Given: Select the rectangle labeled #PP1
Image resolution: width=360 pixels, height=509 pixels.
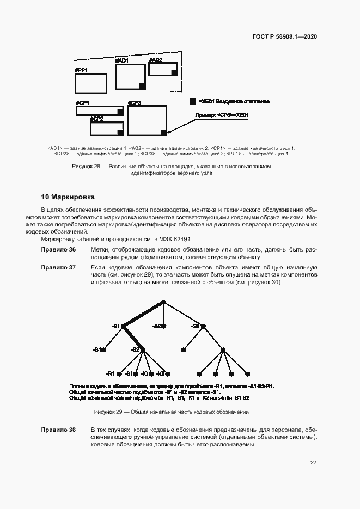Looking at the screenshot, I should coord(90,84).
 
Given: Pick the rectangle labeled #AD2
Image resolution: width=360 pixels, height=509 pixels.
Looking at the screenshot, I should coord(163,70).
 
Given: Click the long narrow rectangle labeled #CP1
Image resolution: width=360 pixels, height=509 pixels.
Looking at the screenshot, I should coord(100,111).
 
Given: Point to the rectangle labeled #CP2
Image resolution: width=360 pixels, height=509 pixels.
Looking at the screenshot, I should coord(106,129).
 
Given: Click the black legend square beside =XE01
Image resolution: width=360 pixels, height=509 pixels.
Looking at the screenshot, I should coord(193,101).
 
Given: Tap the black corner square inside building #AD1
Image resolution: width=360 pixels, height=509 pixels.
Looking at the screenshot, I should coord(143,85).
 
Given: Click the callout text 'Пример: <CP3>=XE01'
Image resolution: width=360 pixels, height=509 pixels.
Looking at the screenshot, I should coord(222,115).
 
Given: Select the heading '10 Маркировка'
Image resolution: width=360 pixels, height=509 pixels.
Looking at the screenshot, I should coord(68,196).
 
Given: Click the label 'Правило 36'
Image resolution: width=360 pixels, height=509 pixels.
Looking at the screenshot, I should coord(58,249).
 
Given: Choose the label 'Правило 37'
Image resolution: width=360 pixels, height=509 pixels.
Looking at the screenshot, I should coord(58,267).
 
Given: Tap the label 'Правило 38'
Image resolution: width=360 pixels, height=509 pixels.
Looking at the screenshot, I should coord(58,430).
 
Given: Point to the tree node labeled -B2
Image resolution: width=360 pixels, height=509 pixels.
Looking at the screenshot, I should coord(143,349).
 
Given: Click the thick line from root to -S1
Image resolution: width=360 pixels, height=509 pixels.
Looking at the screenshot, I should coord(143,314).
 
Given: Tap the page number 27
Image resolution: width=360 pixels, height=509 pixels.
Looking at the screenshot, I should coord(313,463).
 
